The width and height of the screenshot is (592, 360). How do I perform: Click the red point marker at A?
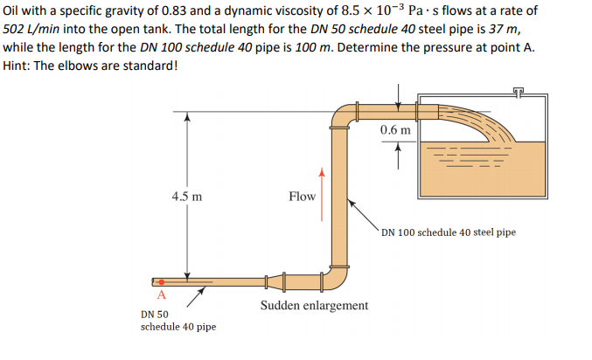click(x=161, y=282)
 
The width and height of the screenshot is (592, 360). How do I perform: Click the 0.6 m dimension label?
click(x=395, y=130)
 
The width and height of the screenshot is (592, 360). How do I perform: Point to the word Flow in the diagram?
click(x=302, y=197)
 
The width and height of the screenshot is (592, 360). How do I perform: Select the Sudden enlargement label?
click(x=314, y=306)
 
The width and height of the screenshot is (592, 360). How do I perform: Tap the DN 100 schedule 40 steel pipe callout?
click(x=449, y=232)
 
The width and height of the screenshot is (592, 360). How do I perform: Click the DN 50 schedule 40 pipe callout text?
click(x=178, y=320)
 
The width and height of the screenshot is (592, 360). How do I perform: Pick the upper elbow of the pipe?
click(x=343, y=115)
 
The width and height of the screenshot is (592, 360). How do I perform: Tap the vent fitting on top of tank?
click(x=523, y=91)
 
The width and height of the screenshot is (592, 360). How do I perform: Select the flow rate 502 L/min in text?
click(x=34, y=29)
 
